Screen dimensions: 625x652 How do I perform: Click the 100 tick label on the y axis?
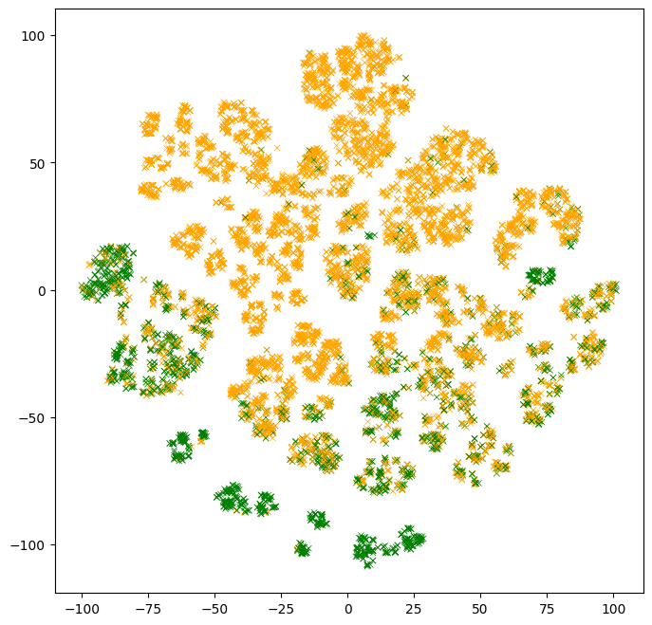click(35, 36)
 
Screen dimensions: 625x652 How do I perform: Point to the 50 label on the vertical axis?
click(39, 163)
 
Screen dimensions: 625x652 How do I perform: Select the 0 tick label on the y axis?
click(43, 290)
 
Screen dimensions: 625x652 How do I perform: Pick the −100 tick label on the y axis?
click(28, 544)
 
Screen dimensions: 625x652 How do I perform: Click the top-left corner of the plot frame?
click(55, 9)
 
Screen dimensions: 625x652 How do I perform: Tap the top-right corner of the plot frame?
click(643, 9)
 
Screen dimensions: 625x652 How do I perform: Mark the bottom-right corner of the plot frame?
click(643, 593)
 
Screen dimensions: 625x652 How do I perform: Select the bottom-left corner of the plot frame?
click(55, 593)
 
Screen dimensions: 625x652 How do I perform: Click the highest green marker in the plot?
click(405, 78)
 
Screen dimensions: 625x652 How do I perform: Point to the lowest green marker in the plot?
click(368, 565)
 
